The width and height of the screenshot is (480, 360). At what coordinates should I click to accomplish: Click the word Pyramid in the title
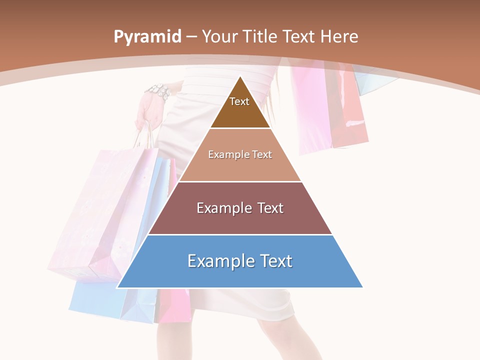pyautogui.click(x=147, y=37)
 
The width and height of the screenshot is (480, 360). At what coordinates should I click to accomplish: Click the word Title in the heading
pyautogui.click(x=259, y=37)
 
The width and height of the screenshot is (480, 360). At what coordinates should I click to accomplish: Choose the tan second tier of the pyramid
pyautogui.click(x=240, y=167)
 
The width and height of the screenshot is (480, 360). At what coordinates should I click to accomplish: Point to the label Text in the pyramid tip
pyautogui.click(x=239, y=101)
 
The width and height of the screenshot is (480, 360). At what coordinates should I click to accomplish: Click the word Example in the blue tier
pyautogui.click(x=218, y=261)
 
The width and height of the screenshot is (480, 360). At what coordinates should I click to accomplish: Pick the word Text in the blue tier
pyautogui.click(x=274, y=261)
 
